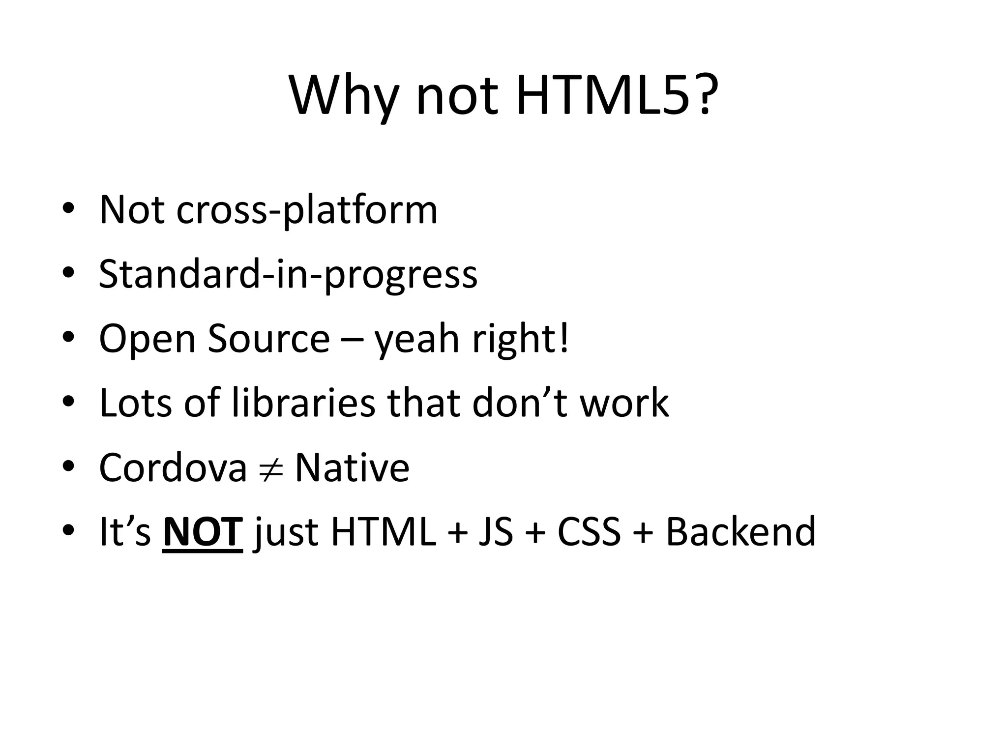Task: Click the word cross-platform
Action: click(x=306, y=210)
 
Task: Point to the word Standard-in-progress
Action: click(x=288, y=274)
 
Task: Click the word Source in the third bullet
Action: click(x=268, y=339)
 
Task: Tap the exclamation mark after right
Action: click(x=564, y=339)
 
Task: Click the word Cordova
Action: click(x=173, y=467)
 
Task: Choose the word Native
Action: click(x=352, y=467)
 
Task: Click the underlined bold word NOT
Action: click(x=202, y=532)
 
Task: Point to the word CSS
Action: click(x=589, y=532)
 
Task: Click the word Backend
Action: click(x=740, y=532)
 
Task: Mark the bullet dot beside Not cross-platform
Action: click(x=68, y=209)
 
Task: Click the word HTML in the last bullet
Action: click(x=384, y=532)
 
